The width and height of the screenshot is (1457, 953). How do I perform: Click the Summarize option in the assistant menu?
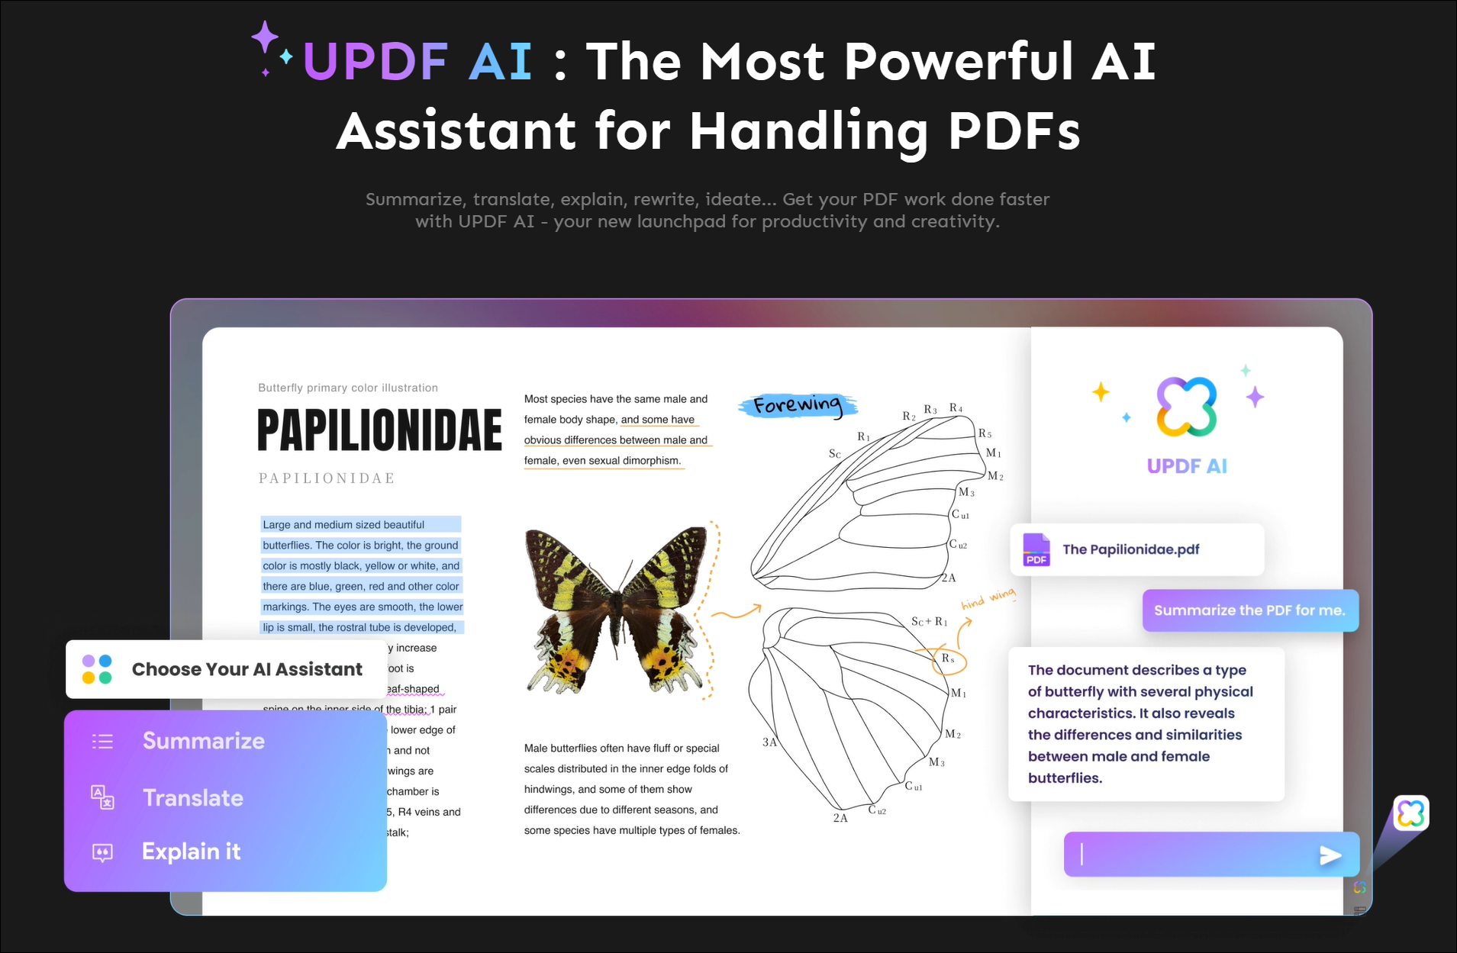(x=203, y=741)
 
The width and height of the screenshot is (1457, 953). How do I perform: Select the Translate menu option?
(x=192, y=798)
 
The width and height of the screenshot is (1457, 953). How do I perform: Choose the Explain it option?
(x=191, y=852)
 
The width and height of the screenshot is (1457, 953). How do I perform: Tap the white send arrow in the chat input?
(x=1330, y=855)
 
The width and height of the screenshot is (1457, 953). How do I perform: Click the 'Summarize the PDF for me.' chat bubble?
(x=1249, y=610)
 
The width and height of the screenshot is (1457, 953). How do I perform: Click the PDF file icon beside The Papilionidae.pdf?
(x=1036, y=549)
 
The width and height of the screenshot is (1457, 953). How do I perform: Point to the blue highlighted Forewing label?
(x=798, y=405)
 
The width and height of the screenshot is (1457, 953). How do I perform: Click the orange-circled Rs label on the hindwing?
(x=948, y=658)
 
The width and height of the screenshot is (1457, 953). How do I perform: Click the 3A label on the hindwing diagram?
(x=769, y=742)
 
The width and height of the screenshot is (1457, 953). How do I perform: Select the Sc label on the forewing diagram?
(x=835, y=454)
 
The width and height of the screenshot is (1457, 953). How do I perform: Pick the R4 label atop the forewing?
(x=956, y=408)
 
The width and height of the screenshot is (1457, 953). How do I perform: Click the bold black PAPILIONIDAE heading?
(x=379, y=430)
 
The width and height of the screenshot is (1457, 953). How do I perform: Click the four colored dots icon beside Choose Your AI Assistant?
(x=97, y=669)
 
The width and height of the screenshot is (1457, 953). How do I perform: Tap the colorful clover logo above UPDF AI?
(x=1186, y=407)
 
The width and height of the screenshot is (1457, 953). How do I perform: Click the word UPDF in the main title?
(x=376, y=61)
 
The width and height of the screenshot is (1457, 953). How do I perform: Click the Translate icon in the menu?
(x=102, y=797)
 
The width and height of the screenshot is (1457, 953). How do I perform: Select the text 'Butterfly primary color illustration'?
(x=348, y=388)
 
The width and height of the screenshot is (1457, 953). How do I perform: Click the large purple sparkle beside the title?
(x=265, y=37)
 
